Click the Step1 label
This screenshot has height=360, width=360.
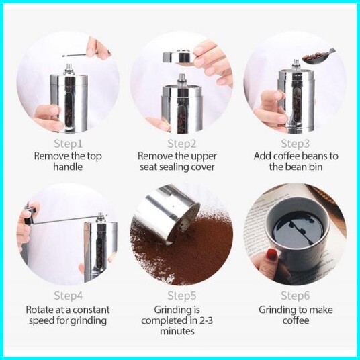click(x=68, y=144)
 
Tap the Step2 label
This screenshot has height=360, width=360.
click(x=181, y=144)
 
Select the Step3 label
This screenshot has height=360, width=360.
click(x=296, y=144)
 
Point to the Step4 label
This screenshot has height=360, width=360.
click(x=69, y=296)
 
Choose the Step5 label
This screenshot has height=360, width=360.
click(x=181, y=296)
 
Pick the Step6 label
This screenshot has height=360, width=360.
click(x=296, y=296)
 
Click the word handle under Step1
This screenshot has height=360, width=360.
click(x=68, y=167)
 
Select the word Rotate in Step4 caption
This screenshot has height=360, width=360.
click(x=39, y=310)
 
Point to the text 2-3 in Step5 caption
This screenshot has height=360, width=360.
click(x=204, y=321)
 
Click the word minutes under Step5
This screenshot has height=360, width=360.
click(x=177, y=331)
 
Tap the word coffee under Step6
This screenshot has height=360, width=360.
click(x=296, y=320)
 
